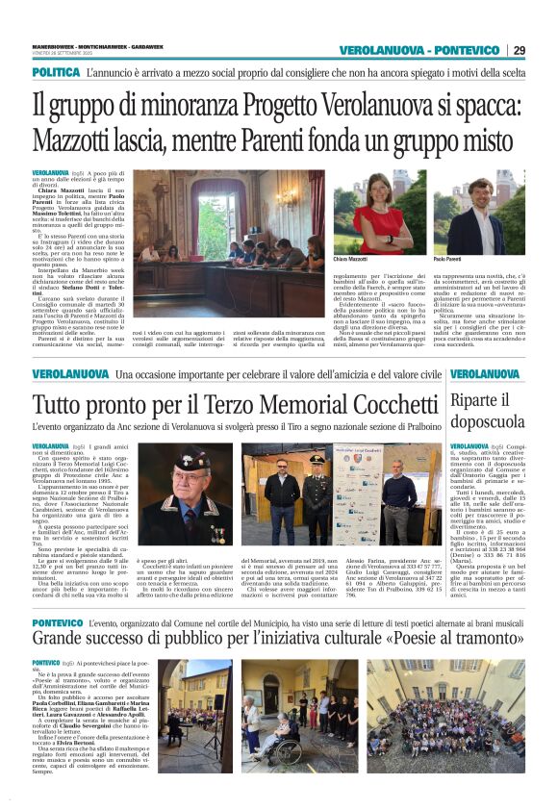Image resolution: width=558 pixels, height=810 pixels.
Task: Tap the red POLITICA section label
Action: click(x=55, y=72)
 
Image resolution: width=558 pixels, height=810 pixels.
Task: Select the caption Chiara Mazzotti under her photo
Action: click(x=376, y=261)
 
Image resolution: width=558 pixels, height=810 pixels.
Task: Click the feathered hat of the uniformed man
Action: click(x=184, y=459)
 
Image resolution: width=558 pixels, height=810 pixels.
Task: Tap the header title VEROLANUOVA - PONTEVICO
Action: click(x=419, y=50)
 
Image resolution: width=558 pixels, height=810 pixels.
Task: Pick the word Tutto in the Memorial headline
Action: click(x=62, y=405)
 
